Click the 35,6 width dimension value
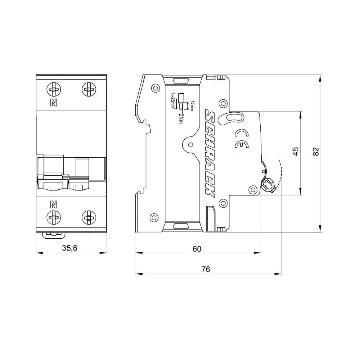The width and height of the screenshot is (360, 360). point(70,248)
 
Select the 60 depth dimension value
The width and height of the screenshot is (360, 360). point(197,248)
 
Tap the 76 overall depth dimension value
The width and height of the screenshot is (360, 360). point(206,269)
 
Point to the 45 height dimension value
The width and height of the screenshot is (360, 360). point(295,151)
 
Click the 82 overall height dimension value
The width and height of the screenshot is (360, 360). point(316,152)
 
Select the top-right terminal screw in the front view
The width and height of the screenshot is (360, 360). point(88,89)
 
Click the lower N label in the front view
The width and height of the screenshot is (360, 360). point(54,205)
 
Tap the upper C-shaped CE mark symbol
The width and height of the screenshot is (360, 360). point(240,133)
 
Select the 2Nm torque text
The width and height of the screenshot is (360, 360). point(180,118)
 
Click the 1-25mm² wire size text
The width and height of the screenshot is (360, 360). point(173,101)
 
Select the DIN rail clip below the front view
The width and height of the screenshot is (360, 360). point(54,234)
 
